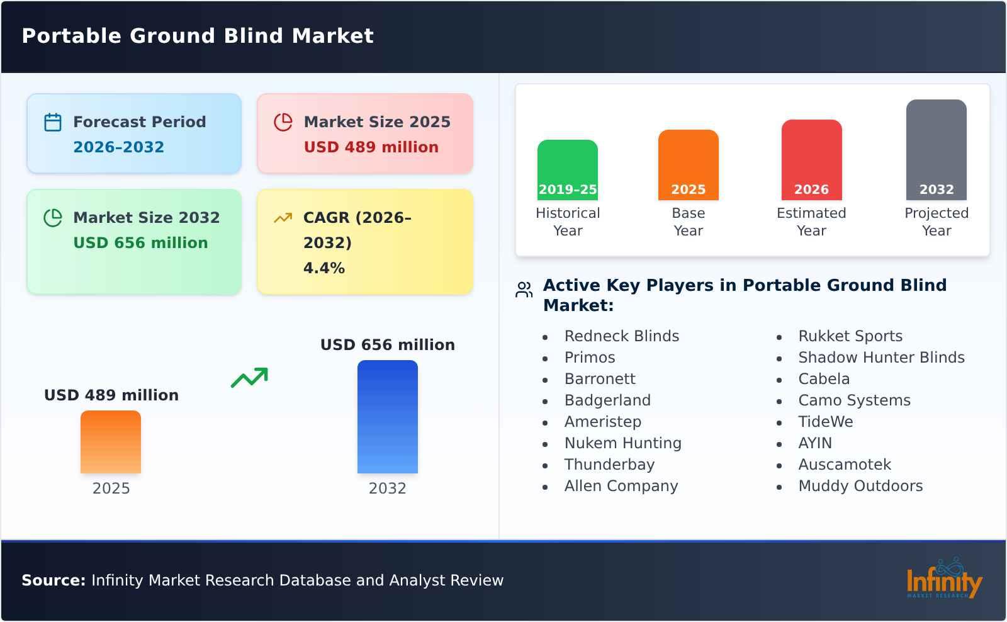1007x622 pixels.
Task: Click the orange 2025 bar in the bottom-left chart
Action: point(111,442)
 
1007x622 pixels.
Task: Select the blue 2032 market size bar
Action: point(388,417)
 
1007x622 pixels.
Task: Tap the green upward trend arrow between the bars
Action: point(249,378)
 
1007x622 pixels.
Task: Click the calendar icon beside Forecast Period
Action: point(53,122)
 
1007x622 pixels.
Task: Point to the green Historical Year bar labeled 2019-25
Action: point(567,170)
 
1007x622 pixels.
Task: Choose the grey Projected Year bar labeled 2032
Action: point(937,150)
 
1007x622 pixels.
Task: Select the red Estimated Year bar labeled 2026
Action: point(811,160)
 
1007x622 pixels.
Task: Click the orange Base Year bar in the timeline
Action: point(689,165)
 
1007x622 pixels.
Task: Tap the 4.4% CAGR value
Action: point(324,268)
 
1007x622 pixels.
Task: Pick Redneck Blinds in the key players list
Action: point(622,336)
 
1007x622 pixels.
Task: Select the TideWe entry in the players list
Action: point(825,421)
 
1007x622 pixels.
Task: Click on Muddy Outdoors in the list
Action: point(860,486)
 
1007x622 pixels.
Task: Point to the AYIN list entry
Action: point(815,443)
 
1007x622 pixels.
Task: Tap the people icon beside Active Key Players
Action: point(524,290)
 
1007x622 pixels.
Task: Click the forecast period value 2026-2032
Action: point(119,147)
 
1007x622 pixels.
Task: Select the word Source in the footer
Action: point(53,580)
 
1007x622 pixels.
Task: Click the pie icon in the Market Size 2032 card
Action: point(53,218)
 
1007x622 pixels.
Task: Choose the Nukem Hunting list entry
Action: point(623,443)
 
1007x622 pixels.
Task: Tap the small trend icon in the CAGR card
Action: point(283,218)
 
